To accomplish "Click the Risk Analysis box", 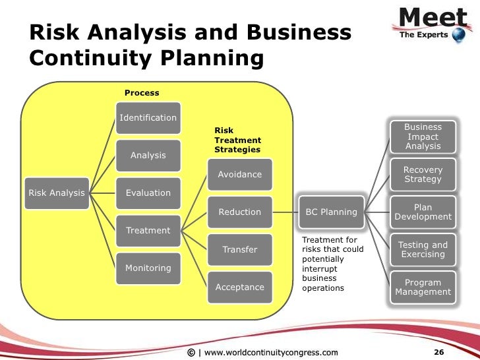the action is tap(56, 193).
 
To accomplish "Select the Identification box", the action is tap(148, 118).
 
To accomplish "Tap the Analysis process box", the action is tap(148, 156).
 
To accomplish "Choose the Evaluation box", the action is tap(148, 193).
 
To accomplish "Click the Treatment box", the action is tap(148, 231).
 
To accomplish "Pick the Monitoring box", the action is tap(148, 268).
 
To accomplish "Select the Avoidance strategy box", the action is tap(239, 175).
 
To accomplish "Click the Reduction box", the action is tap(239, 212).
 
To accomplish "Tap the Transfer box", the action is tap(239, 250).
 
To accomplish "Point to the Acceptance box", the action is tap(239, 287).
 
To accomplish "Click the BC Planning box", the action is tap(331, 212).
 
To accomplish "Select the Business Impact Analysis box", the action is tap(423, 136).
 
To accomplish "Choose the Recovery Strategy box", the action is tap(423, 175).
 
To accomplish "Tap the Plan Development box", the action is tap(423, 212).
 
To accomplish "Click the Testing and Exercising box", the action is tap(423, 250).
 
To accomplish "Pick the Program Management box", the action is tap(423, 287).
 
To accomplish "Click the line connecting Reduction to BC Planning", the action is tap(285, 212).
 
